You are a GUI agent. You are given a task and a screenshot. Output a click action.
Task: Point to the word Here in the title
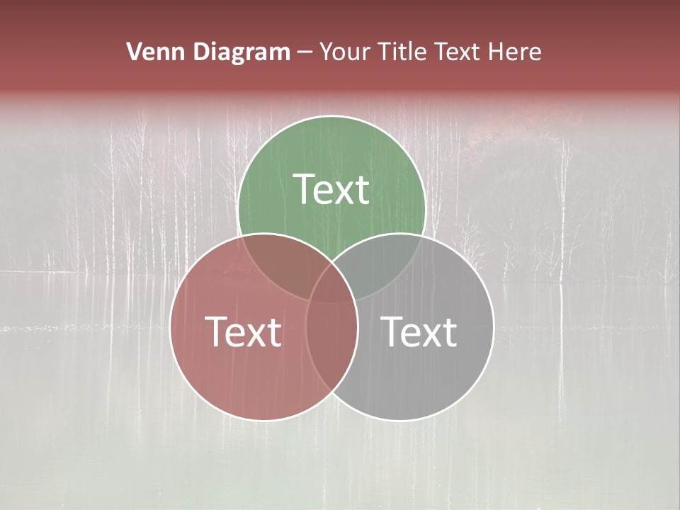click(x=517, y=52)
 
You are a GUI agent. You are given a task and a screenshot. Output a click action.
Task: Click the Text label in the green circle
click(x=331, y=189)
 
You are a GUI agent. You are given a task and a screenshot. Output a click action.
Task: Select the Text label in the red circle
click(x=243, y=331)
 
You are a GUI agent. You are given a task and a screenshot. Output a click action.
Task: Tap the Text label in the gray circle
click(x=419, y=331)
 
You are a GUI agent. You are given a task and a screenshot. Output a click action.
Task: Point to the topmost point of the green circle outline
click(x=331, y=115)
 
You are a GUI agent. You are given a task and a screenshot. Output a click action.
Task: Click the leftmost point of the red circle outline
click(x=170, y=327)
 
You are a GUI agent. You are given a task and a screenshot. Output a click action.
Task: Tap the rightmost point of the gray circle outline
click(x=494, y=327)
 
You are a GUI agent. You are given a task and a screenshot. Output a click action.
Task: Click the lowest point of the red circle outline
click(x=263, y=421)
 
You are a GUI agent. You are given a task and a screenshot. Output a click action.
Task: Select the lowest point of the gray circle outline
click(x=400, y=421)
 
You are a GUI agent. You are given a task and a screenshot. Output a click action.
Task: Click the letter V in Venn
click(x=135, y=52)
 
